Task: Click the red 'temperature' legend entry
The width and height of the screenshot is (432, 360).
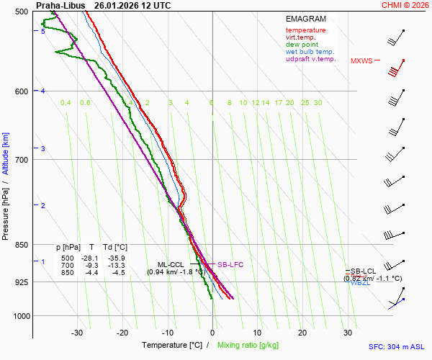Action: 305,30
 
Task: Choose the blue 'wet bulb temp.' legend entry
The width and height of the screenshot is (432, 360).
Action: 310,52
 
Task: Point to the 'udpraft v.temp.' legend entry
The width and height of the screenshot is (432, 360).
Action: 310,59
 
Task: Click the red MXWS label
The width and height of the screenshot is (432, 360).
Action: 361,61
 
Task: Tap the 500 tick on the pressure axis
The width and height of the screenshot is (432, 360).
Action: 22,12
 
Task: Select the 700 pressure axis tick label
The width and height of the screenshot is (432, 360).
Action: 22,159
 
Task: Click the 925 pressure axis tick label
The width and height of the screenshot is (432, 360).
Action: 22,282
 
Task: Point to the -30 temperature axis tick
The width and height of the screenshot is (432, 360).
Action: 77,333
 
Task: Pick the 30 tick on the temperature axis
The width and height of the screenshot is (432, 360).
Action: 347,333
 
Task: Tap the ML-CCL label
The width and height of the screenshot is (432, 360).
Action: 171,264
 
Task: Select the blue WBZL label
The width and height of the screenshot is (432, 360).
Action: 360,283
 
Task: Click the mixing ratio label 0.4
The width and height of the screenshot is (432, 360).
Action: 66,103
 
